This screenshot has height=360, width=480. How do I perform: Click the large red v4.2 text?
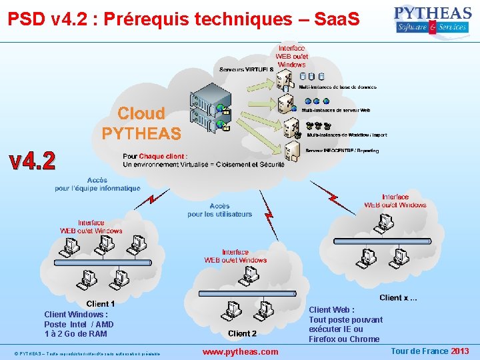pos(32,161)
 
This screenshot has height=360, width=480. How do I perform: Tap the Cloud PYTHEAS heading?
pos(141,123)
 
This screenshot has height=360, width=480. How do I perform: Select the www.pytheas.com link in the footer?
pos(240,351)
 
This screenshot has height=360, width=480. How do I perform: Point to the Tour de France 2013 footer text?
pos(429,351)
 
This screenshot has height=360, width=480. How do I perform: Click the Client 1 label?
pos(101,304)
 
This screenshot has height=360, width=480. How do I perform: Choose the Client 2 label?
pos(242,333)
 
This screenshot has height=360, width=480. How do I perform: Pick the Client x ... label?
pos(398,297)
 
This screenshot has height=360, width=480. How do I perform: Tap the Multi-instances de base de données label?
pos(337,87)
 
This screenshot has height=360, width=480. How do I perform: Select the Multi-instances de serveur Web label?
pos(336,110)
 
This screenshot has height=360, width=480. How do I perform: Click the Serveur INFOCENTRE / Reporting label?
pos(342,151)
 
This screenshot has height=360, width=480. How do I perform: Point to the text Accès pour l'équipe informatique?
pos(97,184)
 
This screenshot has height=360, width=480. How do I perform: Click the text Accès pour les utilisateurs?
pos(219,210)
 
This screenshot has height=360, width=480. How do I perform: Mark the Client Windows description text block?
pos(75,324)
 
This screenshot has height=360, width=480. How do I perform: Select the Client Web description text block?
pos(345,324)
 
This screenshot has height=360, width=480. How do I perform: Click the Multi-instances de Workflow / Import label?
pos(347,135)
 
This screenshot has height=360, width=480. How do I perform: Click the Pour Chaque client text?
pos(203,160)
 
